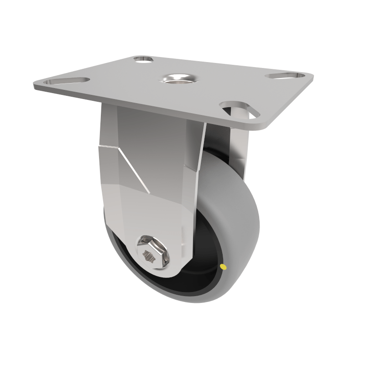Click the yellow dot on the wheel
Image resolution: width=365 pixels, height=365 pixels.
(x=222, y=266)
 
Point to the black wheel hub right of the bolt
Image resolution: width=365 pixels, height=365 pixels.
(x=201, y=260)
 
